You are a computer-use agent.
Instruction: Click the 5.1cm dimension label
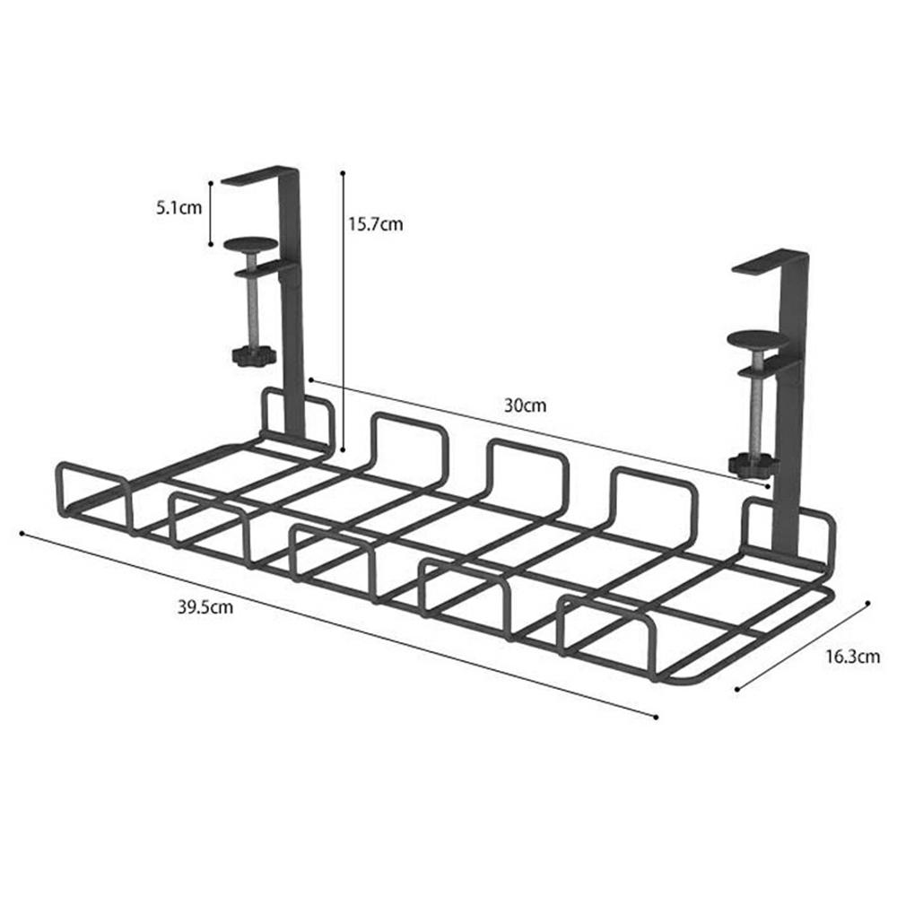click(x=177, y=208)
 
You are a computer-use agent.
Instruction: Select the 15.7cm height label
click(x=376, y=224)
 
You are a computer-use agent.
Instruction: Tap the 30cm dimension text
click(x=525, y=405)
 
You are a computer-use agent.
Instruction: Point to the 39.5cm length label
click(x=205, y=606)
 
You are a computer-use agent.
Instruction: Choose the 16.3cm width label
click(x=851, y=657)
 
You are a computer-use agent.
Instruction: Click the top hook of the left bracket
click(x=260, y=175)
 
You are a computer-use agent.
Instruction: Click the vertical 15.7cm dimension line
click(x=343, y=314)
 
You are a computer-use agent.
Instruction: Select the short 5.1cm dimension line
click(x=210, y=212)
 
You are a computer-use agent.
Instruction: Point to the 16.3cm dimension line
click(x=803, y=646)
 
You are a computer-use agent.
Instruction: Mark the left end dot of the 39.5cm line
click(x=21, y=533)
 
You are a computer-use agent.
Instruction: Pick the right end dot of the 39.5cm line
click(x=657, y=717)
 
